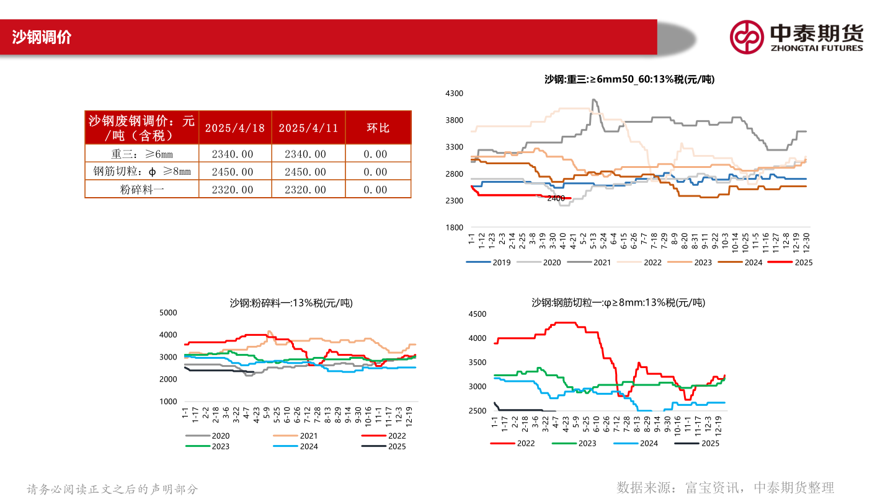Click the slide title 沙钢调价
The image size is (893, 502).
[x=42, y=37]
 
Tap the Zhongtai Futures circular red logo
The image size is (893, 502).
[x=746, y=37]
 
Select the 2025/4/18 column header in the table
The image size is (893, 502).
[x=235, y=128]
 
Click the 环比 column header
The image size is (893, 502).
[x=378, y=128]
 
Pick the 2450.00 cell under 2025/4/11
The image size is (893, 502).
[x=308, y=172]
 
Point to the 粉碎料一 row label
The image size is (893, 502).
[x=142, y=190]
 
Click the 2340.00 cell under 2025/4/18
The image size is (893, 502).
[x=235, y=154]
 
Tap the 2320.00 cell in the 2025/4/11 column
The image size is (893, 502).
[x=308, y=190]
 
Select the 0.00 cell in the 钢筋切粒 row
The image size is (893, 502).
[x=378, y=172]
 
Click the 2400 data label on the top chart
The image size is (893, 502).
[x=556, y=198]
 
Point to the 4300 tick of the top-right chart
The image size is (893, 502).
[x=455, y=93]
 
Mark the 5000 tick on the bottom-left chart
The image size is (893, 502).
[x=169, y=313]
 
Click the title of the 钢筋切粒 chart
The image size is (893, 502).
[x=618, y=302]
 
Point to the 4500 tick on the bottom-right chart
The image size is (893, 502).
[x=478, y=314]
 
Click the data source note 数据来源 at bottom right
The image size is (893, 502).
[x=726, y=487]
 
